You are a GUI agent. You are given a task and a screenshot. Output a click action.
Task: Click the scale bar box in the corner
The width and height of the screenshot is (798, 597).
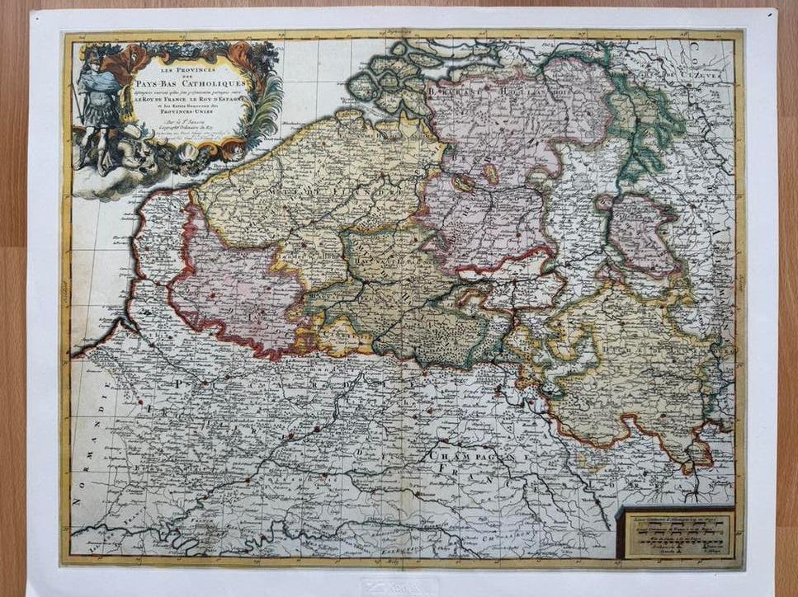pos(674,534)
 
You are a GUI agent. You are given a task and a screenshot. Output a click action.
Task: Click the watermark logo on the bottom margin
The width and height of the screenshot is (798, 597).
pos(399,586)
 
